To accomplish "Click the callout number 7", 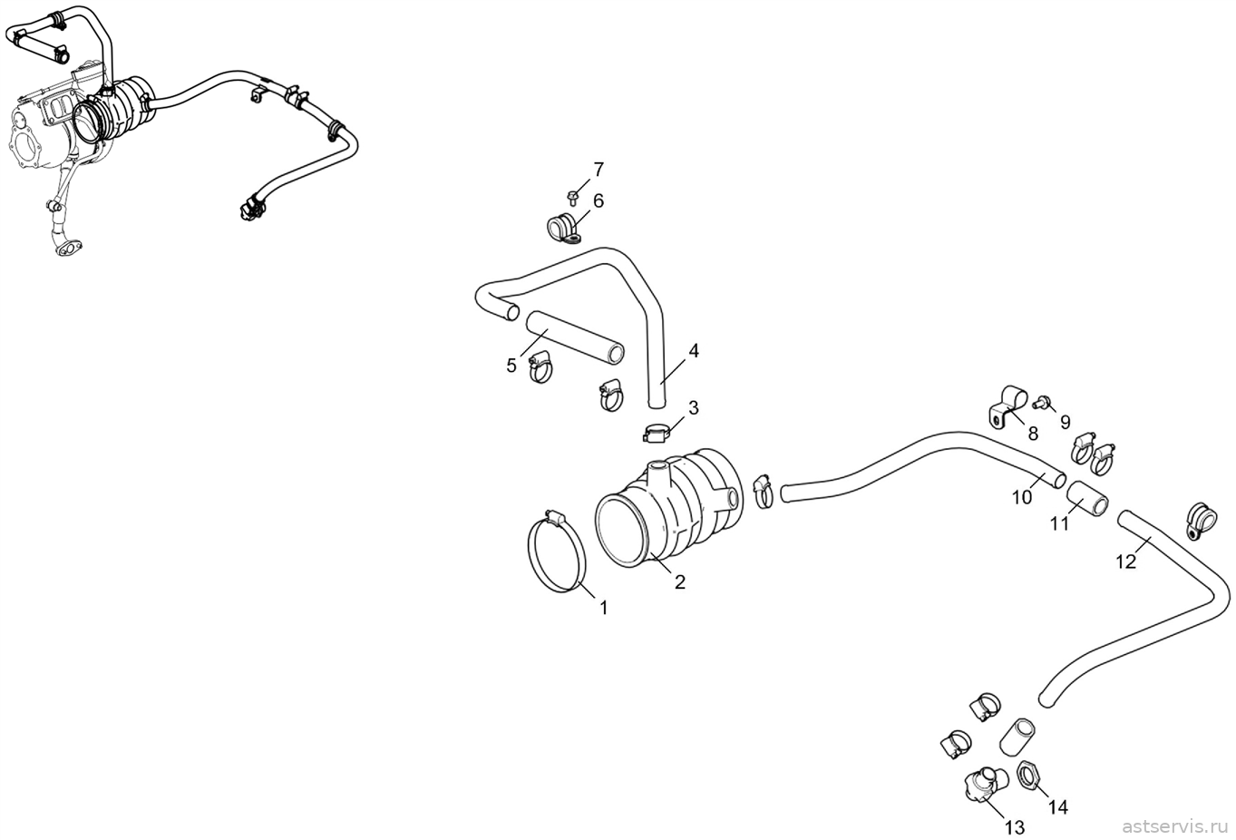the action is tap(599, 170).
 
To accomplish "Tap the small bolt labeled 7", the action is tap(572, 196).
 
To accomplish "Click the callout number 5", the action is tap(511, 366).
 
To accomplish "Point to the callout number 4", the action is tap(694, 350).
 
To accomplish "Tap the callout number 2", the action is tap(680, 581).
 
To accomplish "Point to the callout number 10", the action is tap(1022, 497).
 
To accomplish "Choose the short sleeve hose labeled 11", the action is tap(1086, 499).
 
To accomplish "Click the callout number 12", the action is tap(1126, 562).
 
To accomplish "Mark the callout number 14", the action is tap(1057, 807).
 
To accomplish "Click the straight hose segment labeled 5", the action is tap(574, 337).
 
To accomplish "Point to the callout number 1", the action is tap(604, 608).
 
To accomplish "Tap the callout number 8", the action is tap(1033, 434).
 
